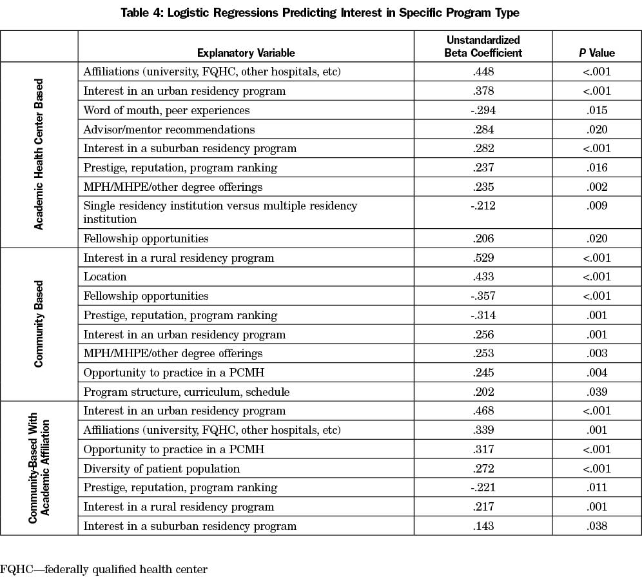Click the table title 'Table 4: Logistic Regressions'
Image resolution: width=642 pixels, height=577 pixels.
pos(320,13)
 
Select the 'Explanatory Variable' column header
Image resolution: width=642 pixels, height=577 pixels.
pos(246,53)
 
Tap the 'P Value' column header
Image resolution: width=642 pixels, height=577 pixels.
pos(597,53)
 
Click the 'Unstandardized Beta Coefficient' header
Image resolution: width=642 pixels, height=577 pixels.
pos(483,46)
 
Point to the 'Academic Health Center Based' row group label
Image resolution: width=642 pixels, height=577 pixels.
pos(39,154)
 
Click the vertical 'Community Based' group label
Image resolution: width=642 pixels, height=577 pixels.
pos(39,324)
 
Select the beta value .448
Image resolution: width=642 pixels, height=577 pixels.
pos(483,72)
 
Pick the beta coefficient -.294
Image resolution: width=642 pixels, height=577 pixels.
pos(483,110)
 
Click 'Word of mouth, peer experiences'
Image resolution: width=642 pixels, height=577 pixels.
pos(166,110)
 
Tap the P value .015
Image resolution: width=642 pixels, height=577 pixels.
pos(597,110)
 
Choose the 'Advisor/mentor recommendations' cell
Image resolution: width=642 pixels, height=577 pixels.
pos(169,130)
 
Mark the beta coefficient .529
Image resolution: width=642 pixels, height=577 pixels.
pos(483,258)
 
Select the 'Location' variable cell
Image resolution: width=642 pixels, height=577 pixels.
pos(105,277)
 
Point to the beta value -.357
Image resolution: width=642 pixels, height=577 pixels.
pos(483,296)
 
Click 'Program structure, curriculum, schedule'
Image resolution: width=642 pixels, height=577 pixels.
pos(186,392)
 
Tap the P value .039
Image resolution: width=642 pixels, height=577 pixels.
pos(597,392)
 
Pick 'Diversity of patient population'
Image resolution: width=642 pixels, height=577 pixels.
pos(161,469)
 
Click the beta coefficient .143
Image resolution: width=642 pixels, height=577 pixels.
pos(483,526)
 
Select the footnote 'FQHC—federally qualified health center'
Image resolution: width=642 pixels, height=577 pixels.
pos(104,569)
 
